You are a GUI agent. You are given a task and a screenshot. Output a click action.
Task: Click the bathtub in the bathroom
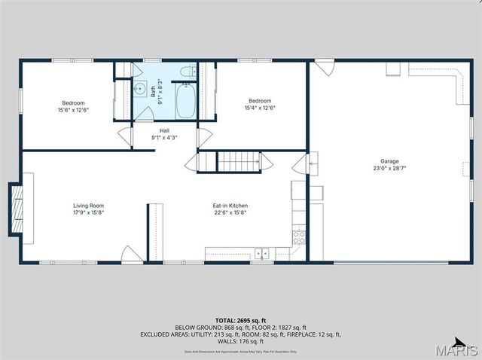(185, 102)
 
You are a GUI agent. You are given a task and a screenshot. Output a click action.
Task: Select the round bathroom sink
(140, 89)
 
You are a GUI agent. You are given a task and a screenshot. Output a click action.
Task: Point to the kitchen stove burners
(298, 236)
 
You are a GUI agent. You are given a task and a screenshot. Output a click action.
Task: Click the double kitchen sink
(262, 253)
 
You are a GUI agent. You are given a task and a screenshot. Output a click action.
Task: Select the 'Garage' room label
(389, 161)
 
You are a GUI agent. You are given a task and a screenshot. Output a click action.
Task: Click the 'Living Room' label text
(88, 206)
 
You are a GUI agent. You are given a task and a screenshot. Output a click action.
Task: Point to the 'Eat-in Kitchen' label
(230, 206)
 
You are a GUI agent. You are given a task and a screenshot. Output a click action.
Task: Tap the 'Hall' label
(164, 130)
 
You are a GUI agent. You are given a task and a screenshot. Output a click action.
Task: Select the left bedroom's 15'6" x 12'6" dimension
(73, 110)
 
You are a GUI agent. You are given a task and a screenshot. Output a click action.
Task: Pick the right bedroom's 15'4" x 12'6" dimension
(260, 108)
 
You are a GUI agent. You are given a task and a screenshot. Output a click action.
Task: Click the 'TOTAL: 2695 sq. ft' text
(241, 321)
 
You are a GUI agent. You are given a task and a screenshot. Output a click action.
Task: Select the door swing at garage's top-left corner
(324, 68)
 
